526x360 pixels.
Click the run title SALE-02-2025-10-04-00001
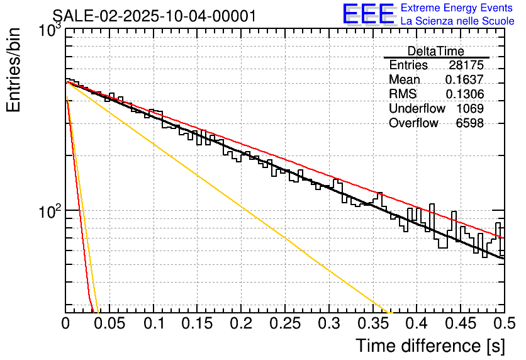click(x=154, y=16)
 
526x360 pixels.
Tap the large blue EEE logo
click(x=369, y=14)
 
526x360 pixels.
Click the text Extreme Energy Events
click(x=457, y=8)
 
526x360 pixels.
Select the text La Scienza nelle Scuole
click(x=457, y=21)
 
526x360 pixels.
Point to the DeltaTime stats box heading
click(x=436, y=52)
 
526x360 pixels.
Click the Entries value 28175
click(x=466, y=65)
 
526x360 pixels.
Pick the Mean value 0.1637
click(x=464, y=80)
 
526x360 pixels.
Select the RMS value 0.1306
click(x=464, y=94)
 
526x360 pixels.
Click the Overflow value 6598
click(x=470, y=123)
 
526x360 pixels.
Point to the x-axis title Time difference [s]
click(x=428, y=346)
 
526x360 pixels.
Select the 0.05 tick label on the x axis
click(x=109, y=323)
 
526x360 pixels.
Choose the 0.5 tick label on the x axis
click(x=503, y=323)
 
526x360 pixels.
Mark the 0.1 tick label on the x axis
click(x=154, y=323)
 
